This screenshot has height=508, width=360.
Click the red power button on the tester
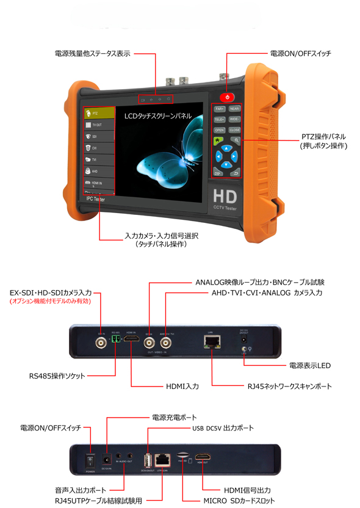tap(228, 96)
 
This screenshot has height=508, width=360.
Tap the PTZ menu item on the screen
tap(99, 113)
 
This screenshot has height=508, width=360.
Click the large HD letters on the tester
tap(225, 197)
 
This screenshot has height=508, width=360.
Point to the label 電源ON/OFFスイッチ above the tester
tap(301, 54)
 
